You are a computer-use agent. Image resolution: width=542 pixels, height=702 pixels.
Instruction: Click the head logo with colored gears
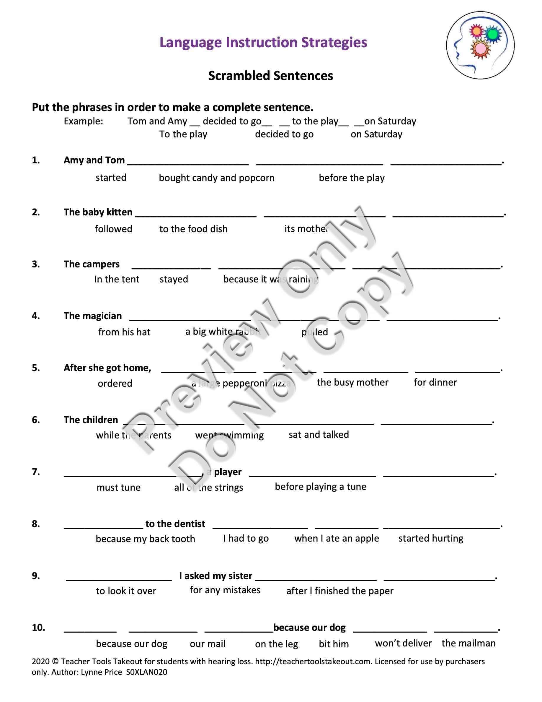coord(480,45)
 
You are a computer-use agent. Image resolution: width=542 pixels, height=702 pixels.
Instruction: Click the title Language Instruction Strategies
coord(263,43)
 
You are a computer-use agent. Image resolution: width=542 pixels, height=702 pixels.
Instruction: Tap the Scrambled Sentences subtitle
coord(271,76)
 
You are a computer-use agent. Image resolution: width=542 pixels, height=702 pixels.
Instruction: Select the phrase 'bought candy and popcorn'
coord(217,178)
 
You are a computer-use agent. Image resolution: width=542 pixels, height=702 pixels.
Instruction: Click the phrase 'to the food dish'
coord(193,229)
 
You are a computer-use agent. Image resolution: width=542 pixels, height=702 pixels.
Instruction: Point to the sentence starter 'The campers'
coord(92,264)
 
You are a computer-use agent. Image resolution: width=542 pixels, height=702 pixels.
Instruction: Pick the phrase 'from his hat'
coord(124,332)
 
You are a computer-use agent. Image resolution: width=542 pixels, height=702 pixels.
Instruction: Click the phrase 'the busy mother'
coord(352,382)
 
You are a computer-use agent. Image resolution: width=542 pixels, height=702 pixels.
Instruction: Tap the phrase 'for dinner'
coord(435,382)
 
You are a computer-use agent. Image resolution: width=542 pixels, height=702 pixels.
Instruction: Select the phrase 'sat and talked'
coord(319,435)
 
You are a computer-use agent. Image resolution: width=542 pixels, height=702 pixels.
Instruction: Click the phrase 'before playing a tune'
coord(321,487)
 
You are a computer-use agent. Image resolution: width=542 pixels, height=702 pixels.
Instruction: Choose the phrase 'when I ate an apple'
coord(337,538)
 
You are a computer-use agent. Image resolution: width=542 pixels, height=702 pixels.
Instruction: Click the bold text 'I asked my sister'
coord(216,576)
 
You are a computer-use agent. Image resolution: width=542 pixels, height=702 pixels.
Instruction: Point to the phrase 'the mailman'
coord(468,643)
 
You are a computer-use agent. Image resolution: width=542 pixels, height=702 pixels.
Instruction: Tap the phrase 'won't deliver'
coord(403,643)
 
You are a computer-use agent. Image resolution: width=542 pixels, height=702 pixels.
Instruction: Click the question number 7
coord(36,472)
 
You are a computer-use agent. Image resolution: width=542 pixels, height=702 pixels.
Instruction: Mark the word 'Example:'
coord(84,121)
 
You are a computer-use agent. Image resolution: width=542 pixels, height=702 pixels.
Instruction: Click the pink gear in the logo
coord(481,48)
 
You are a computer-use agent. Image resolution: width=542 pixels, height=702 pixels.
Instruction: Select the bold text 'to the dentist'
coord(175,524)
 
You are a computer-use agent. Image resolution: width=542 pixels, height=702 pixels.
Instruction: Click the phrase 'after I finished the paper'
coord(340,591)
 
